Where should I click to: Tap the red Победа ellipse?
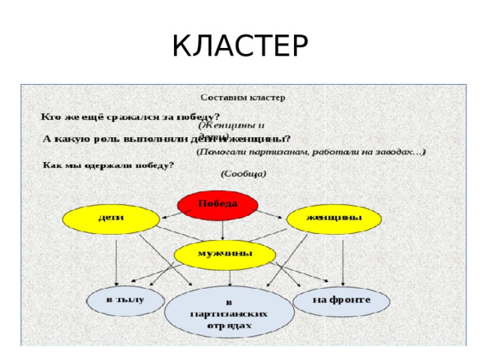pos(217,205)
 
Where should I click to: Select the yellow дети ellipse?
pos(112,218)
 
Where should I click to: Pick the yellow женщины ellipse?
pos(334,218)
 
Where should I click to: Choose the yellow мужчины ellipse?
pos(223,255)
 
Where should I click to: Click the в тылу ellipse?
pos(124,301)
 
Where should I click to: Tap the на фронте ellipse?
pos(341,301)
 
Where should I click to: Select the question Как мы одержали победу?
pos(108,164)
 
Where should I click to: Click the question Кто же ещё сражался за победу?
pos(130,117)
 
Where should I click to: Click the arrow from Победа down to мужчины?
pos(222,231)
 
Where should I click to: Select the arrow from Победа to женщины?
pos(270,214)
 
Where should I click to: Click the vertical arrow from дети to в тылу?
pos(116,259)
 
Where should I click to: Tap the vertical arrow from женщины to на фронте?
pos(343,259)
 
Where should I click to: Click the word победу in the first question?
pos(197,117)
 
